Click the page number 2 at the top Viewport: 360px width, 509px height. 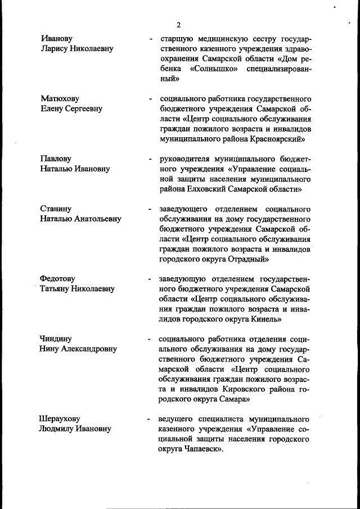point(178,25)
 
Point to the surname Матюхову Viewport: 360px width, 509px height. point(60,98)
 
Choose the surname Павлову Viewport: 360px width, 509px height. point(56,159)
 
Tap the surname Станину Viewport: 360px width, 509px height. point(56,209)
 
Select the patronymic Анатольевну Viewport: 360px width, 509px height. point(97,219)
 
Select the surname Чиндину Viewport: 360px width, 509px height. point(56,339)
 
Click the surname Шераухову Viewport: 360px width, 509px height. point(60,419)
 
